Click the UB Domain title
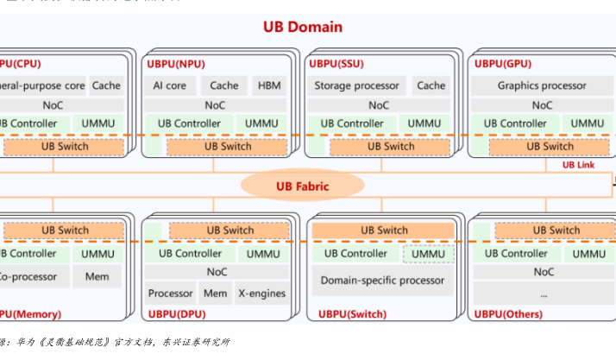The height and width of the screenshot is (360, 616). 303,28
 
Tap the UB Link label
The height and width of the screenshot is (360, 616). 579,164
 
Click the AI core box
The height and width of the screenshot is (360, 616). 170,85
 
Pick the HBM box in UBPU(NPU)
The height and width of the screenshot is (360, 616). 266,85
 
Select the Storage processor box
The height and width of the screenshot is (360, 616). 356,85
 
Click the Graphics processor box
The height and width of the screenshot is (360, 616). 542,85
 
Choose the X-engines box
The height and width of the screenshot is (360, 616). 261,294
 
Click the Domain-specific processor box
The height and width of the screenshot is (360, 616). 382,281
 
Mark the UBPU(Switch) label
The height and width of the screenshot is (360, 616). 343,313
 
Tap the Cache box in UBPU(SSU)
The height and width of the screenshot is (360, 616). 431,85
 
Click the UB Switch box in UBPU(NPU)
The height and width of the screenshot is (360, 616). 228,146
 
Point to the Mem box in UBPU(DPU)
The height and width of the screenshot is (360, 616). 215,294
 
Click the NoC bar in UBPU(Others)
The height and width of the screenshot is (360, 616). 544,272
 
